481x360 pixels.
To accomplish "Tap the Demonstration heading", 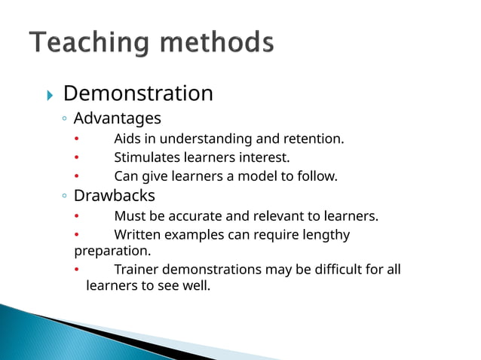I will click(138, 94).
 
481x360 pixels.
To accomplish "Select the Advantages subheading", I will click(117, 118).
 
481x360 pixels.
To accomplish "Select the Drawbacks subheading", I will click(114, 196).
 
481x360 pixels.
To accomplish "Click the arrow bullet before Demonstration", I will click(50, 96).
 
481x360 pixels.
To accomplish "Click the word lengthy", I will click(326, 235).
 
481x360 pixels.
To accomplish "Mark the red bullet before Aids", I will click(76, 139).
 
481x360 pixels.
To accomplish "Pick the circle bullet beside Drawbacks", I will click(65, 197).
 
